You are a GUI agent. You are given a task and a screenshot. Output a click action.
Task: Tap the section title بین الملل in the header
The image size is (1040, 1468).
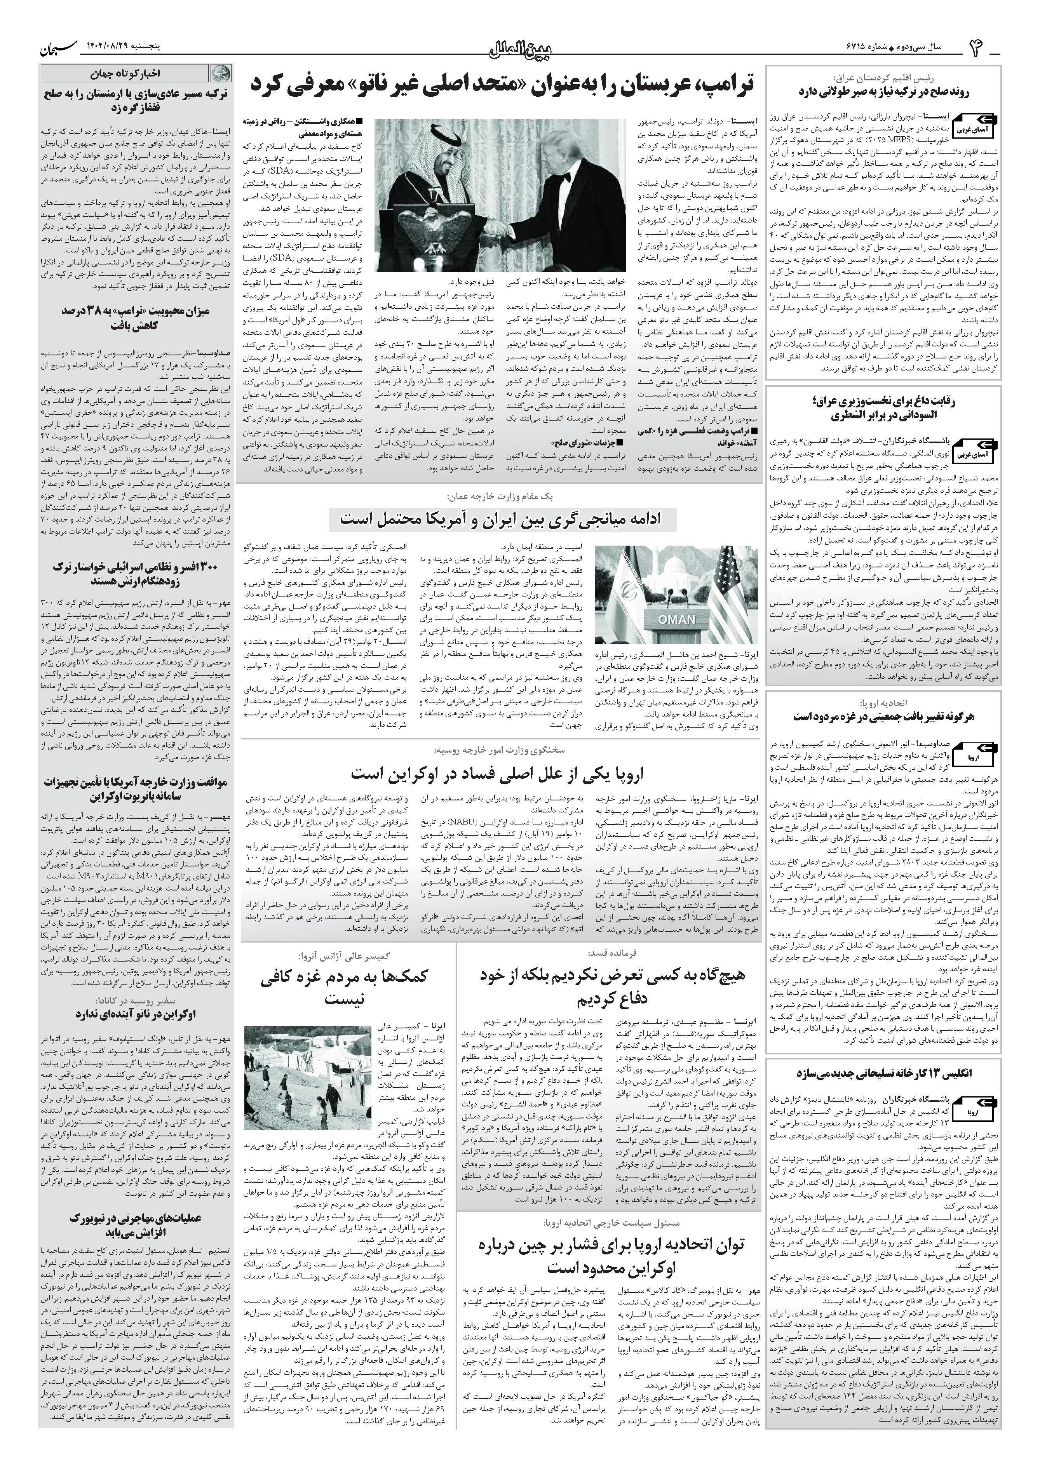click(x=520, y=49)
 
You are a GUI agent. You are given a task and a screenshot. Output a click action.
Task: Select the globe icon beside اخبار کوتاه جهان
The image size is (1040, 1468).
click(x=219, y=72)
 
